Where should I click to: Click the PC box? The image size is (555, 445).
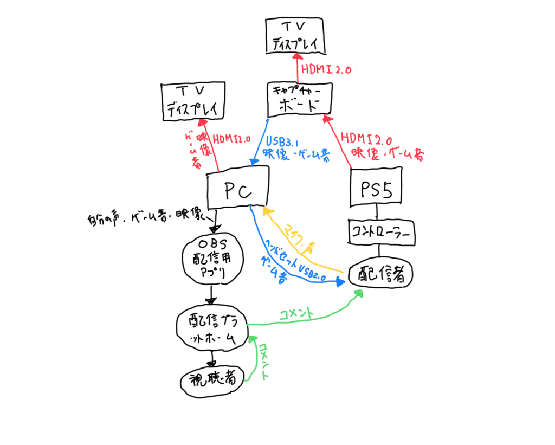tap(238, 187)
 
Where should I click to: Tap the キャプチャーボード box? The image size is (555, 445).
tap(299, 98)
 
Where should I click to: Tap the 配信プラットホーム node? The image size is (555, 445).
tap(212, 331)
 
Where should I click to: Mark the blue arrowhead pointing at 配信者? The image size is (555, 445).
tap(340, 281)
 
